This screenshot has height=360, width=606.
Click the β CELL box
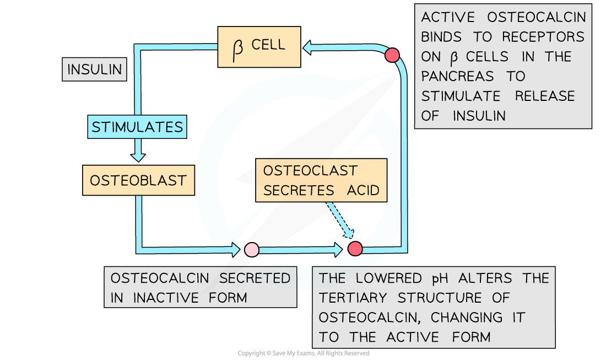pyautogui.click(x=259, y=47)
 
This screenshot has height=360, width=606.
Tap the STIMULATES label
pyautogui.click(x=137, y=127)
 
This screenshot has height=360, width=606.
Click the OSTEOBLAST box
pyautogui.click(x=138, y=180)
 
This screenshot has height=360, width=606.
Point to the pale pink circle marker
pyautogui.click(x=251, y=249)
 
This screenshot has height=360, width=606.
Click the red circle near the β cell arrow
pyautogui.click(x=392, y=55)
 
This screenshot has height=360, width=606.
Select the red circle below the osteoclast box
pyautogui.click(x=355, y=249)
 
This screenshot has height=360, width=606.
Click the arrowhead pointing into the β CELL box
pyautogui.click(x=307, y=48)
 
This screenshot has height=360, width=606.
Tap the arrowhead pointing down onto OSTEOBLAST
pyautogui.click(x=138, y=157)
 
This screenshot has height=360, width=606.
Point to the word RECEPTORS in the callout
pyautogui.click(x=543, y=37)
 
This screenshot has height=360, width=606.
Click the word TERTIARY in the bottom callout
pyautogui.click(x=353, y=298)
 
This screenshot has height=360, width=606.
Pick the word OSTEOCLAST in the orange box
pyautogui.click(x=310, y=171)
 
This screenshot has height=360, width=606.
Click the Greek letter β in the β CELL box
pyautogui.click(x=238, y=49)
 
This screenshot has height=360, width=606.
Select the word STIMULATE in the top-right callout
pyautogui.click(x=461, y=96)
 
